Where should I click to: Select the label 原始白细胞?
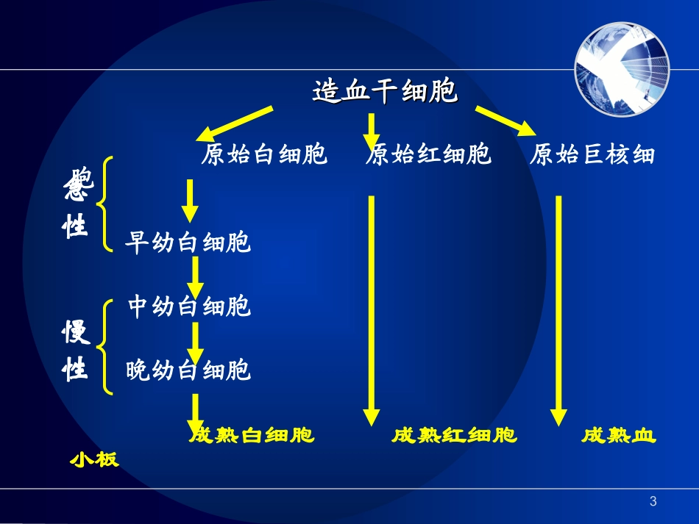[x=263, y=155]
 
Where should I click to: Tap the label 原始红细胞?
[x=428, y=155]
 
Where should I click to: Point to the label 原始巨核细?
[x=592, y=155]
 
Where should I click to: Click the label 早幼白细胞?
[x=188, y=243]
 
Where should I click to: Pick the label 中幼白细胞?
[x=189, y=306]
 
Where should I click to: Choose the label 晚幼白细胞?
[x=188, y=370]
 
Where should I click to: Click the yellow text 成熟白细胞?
[x=252, y=436]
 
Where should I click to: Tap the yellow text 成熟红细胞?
[x=454, y=436]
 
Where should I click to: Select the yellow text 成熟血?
[x=618, y=436]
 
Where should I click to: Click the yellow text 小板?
[x=94, y=459]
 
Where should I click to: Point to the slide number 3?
[x=653, y=502]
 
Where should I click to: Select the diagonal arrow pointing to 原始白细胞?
[x=234, y=123]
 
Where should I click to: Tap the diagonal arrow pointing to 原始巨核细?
[x=505, y=121]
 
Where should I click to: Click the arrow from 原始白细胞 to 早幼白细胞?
[x=190, y=200]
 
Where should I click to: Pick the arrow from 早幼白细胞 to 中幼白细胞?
[x=195, y=275]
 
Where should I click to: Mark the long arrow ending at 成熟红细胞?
[x=372, y=309]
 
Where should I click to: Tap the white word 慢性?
[x=75, y=351]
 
